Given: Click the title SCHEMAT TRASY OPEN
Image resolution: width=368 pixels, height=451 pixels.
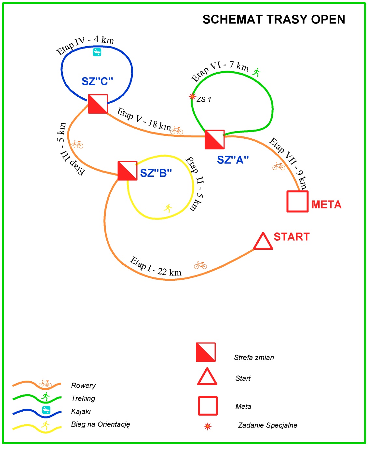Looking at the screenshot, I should (x=274, y=20).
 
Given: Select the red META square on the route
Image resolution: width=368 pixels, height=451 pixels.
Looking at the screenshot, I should (x=297, y=202).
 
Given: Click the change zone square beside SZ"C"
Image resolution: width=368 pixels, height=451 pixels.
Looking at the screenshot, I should (x=98, y=104).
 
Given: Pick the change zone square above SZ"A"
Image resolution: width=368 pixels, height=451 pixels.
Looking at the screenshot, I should (x=215, y=140).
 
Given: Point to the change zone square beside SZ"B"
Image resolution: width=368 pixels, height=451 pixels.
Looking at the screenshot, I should (x=127, y=171).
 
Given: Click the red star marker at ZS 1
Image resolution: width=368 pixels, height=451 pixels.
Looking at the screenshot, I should (x=192, y=96).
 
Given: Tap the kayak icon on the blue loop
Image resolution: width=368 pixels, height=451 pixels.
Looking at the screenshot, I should (x=97, y=52).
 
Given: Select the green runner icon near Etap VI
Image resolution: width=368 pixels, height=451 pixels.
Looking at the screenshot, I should (x=257, y=72).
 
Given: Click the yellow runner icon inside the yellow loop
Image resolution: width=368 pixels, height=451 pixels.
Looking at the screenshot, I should (x=168, y=208).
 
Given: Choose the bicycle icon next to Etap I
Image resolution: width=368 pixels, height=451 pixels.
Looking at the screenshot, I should (x=200, y=265).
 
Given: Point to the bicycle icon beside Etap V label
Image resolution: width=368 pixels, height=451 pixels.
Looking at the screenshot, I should (x=177, y=130).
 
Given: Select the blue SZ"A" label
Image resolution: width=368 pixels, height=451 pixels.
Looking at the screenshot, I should (x=233, y=160).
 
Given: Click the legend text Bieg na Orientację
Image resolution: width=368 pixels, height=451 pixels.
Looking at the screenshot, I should (x=100, y=424).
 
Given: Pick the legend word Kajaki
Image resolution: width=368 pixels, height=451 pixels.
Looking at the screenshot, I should (x=81, y=411).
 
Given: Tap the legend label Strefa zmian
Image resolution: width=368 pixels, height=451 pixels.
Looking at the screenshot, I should (x=254, y=358).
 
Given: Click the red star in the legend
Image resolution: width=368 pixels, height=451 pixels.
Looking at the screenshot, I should (x=208, y=426).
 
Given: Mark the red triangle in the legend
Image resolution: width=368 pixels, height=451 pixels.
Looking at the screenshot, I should (x=207, y=378).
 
